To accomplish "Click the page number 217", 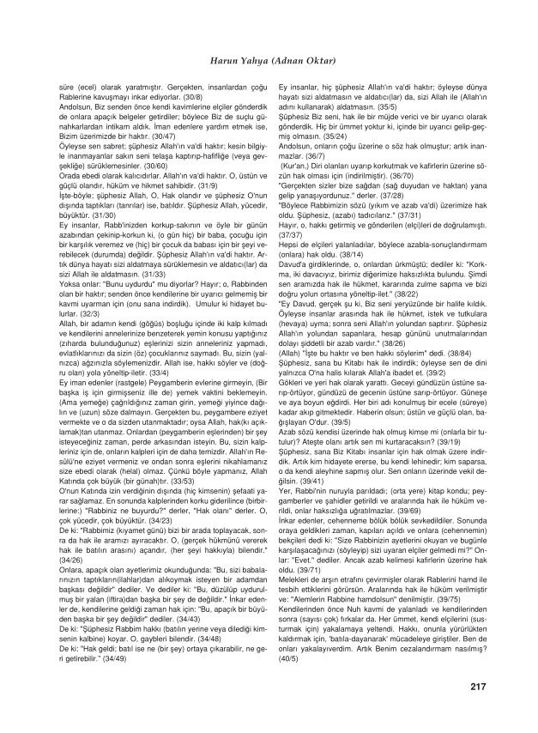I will pyautogui.click(x=478, y=685).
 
